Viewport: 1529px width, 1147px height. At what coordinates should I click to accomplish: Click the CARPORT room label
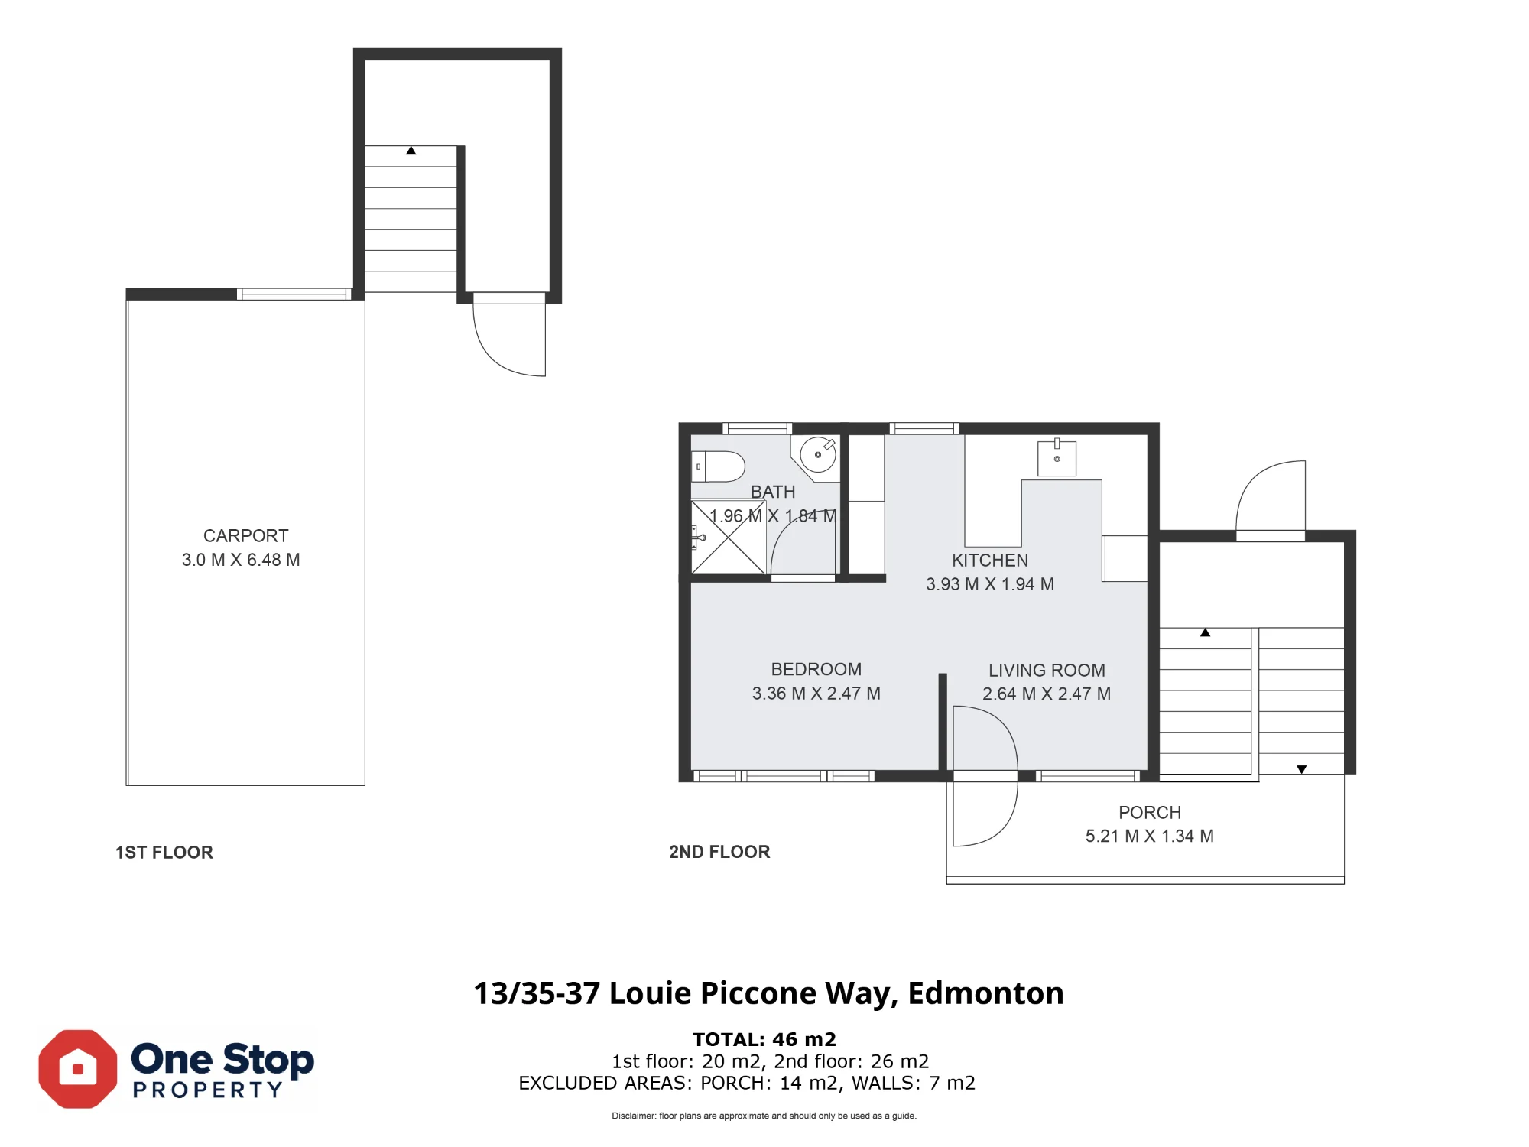coord(245,535)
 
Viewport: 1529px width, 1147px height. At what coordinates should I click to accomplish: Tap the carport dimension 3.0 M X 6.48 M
coord(241,560)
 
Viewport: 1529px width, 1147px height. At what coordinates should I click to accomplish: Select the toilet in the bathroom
coord(718,466)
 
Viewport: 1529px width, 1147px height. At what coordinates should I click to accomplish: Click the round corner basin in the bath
coord(818,456)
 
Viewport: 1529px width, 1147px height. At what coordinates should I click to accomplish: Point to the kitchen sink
coord(1057,457)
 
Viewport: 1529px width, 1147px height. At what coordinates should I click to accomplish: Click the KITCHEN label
coord(990,560)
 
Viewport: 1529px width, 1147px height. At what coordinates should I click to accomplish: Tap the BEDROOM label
coord(816,669)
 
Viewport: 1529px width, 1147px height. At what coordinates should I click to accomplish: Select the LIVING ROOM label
coord(1047,670)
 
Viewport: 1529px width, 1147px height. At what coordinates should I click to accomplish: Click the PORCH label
coord(1150,812)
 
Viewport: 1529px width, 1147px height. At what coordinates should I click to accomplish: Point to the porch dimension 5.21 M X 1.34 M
coord(1150,836)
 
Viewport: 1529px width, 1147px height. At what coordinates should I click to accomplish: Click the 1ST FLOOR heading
coord(164,853)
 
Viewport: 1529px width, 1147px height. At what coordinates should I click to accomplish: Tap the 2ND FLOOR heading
coord(719,852)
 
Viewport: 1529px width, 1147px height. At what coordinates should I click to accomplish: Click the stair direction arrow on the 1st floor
coord(411,151)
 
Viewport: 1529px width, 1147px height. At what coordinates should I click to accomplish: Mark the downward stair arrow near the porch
coord(1301,769)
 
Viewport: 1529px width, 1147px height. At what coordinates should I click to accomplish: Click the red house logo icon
coord(78,1069)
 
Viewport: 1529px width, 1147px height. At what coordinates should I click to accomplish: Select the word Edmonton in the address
coord(985,993)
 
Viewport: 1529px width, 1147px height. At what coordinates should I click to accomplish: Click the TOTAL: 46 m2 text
coord(764,1039)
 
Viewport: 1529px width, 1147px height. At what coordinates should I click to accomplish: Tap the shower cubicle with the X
coord(728,537)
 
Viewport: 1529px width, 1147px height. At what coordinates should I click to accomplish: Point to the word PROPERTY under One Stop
coord(208,1090)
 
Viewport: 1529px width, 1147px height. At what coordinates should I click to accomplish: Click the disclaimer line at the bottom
coord(764,1116)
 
